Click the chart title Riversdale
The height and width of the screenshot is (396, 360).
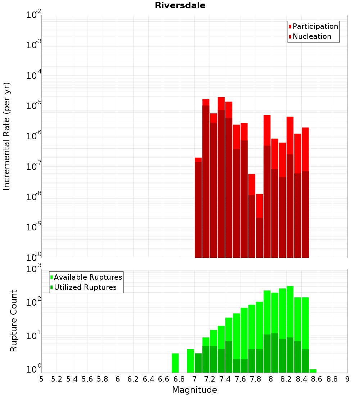[x=180, y=5]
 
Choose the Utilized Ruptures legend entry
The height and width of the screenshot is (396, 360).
[x=85, y=287]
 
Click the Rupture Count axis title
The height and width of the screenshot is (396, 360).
[x=14, y=320]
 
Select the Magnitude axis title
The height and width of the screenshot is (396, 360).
[x=194, y=390]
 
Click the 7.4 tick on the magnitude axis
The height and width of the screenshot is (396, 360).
[x=225, y=379]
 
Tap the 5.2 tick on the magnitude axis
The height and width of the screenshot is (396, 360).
[x=57, y=379]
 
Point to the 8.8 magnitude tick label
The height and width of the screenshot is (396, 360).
[x=332, y=379]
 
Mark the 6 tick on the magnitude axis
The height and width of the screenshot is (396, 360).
[x=118, y=379]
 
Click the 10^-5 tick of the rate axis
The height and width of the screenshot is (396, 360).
[x=34, y=106]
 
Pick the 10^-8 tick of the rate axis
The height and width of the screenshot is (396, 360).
[x=34, y=197]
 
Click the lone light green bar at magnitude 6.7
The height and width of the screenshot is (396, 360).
[x=175, y=363]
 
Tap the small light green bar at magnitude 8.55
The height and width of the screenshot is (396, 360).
[x=313, y=371]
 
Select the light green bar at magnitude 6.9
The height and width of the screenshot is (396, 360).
[x=190, y=361]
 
